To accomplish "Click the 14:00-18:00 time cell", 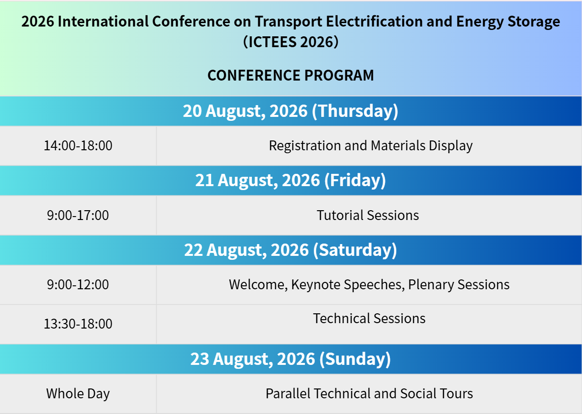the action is (78, 145).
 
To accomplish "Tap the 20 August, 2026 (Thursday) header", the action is (291, 111).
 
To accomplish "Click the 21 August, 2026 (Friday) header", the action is (291, 180).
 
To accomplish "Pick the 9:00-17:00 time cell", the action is (78, 216).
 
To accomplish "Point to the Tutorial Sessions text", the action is (368, 216).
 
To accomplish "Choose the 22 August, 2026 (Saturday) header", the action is (291, 250).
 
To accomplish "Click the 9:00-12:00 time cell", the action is (78, 285).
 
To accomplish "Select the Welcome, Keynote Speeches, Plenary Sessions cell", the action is (369, 285).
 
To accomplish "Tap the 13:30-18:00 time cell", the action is (78, 324).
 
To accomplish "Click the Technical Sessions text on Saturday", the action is (369, 319).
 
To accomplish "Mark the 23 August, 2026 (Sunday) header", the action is (291, 359).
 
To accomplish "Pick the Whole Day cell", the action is (78, 393).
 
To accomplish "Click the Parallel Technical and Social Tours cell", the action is (369, 393).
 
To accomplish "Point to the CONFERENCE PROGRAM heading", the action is (291, 75).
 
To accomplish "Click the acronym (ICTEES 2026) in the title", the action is (291, 42).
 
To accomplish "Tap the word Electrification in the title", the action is (374, 22).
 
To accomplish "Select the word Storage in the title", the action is (534, 22).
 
